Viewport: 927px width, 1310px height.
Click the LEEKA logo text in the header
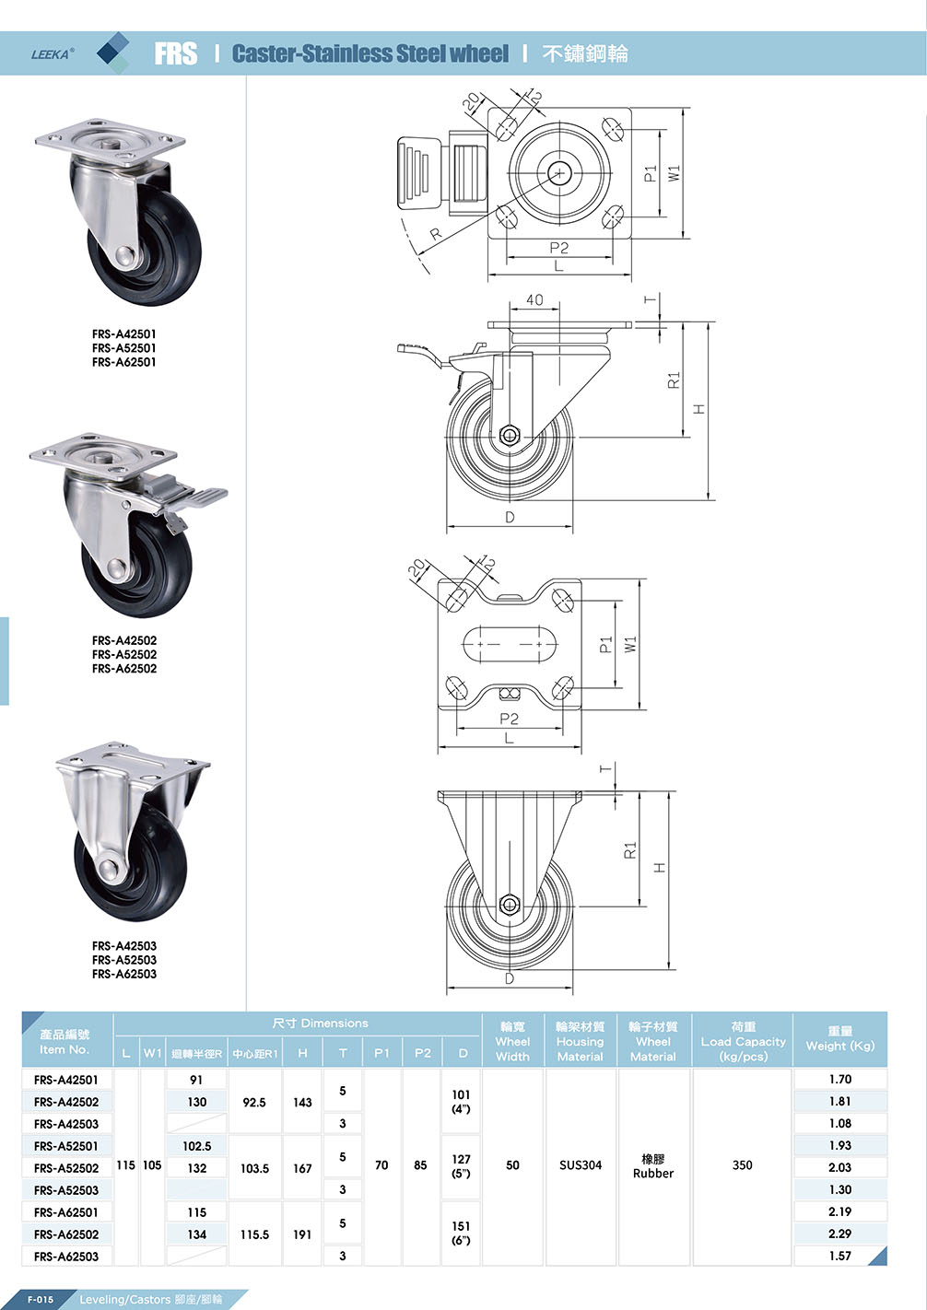(52, 54)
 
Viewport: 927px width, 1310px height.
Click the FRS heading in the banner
(175, 54)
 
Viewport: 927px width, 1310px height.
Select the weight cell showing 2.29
(839, 1234)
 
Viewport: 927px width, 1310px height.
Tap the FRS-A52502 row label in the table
(66, 1168)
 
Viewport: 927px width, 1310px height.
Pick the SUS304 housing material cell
(580, 1165)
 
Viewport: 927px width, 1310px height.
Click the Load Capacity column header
(743, 1041)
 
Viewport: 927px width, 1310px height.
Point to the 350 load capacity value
(742, 1165)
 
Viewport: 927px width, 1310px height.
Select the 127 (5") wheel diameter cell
(461, 1166)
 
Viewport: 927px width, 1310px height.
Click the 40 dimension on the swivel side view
(534, 300)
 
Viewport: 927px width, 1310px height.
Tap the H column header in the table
(302, 1053)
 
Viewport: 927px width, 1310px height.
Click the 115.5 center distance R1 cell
(254, 1234)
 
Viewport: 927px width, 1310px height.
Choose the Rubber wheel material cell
(652, 1166)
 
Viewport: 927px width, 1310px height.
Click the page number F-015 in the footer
(41, 1300)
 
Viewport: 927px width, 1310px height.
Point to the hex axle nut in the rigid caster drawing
(508, 905)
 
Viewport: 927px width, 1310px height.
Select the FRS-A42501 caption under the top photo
(124, 334)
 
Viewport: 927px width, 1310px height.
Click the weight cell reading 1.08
(839, 1124)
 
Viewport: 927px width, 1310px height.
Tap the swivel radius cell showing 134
(197, 1234)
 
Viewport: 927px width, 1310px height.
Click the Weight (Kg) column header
(839, 1039)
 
